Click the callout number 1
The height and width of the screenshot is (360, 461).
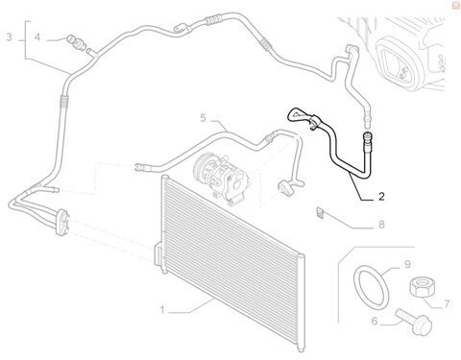point(162,310)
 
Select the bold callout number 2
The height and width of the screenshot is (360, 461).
point(381,196)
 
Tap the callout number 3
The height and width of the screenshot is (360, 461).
point(9,37)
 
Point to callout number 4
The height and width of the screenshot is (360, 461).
point(37,37)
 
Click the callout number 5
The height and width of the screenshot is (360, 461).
point(204,118)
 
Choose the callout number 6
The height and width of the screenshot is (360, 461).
point(375,321)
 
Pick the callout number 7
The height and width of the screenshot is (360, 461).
point(447,304)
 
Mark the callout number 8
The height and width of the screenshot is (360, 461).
point(381,225)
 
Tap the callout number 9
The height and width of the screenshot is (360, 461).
point(407,264)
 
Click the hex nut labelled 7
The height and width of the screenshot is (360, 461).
point(423,287)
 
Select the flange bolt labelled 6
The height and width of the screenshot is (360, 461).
point(415,322)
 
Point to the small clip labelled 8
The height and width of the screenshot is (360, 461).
point(320,212)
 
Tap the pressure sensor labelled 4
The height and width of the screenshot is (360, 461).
point(76,43)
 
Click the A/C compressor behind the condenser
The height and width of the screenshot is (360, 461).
point(222,179)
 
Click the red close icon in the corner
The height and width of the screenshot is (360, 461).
point(456,5)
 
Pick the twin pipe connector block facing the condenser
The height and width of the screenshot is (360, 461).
point(62,222)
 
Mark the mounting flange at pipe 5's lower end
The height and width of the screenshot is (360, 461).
point(286,188)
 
